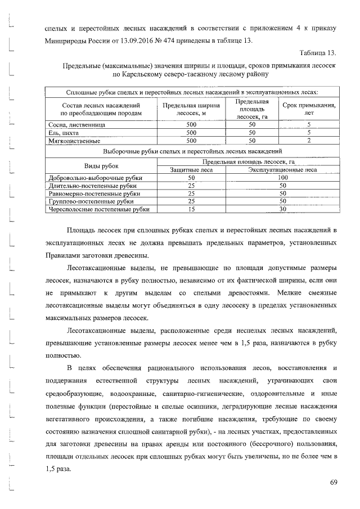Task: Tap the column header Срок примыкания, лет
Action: pyautogui.click(x=309, y=109)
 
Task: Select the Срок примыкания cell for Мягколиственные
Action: pyautogui.click(x=309, y=141)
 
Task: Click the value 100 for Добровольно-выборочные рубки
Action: pyautogui.click(x=283, y=177)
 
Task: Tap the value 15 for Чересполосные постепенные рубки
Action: pyautogui.click(x=191, y=209)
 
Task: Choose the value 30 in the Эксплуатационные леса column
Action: pyautogui.click(x=283, y=209)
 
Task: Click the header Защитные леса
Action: pyautogui.click(x=191, y=169)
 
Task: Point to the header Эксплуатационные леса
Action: pyautogui.click(x=283, y=169)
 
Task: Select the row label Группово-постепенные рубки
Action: pyautogui.click(x=91, y=201)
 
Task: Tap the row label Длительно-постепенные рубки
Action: pyautogui.click(x=93, y=185)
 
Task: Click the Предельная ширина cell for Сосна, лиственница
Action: pyautogui.click(x=191, y=124)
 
